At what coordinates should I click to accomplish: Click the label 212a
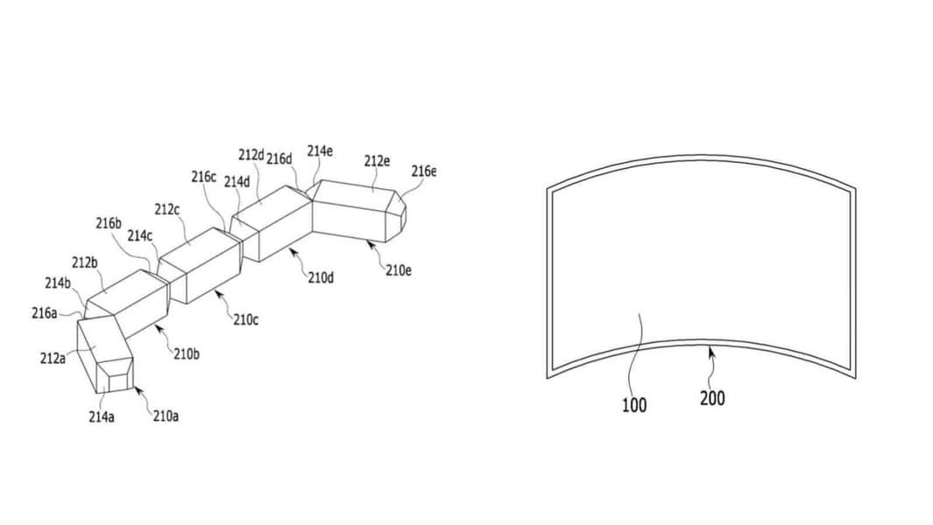(53, 359)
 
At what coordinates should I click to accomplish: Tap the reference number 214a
(101, 416)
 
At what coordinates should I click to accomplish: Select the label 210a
(166, 416)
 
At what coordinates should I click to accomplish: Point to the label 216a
(45, 312)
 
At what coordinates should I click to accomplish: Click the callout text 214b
(58, 283)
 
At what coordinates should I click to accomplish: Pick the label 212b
(84, 262)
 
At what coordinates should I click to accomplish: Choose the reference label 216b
(109, 223)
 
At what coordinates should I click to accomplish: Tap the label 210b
(187, 354)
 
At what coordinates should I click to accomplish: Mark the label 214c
(140, 236)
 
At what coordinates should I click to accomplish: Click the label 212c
(166, 209)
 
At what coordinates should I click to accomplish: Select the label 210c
(246, 320)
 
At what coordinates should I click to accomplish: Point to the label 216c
(203, 177)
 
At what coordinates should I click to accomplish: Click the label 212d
(251, 155)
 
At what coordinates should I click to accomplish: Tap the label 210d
(321, 277)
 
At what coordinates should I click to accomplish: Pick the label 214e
(320, 151)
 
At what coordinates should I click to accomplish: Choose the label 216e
(424, 171)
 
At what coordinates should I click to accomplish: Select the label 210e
(398, 270)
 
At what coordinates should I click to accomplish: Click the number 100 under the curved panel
(633, 405)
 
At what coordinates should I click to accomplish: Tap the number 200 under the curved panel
(712, 398)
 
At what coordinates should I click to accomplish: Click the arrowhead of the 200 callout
(710, 352)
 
